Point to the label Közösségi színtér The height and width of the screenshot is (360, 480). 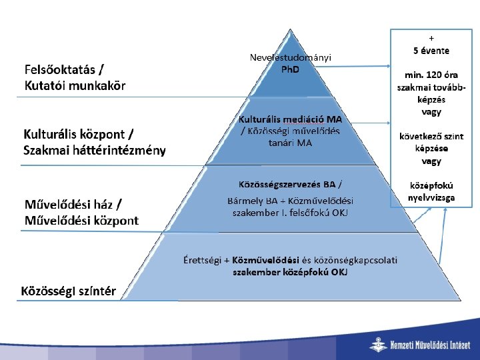(69, 291)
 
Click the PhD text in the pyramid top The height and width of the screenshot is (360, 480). (290, 69)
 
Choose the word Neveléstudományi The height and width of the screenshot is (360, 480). (290, 58)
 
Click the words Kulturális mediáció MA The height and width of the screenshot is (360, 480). (290, 119)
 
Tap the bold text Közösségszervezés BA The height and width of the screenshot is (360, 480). (286, 183)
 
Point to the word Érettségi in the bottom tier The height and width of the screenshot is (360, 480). (203, 259)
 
